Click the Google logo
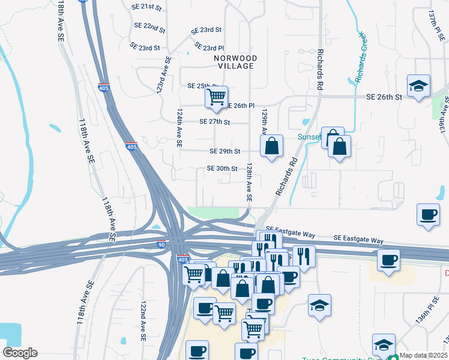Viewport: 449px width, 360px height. (20, 353)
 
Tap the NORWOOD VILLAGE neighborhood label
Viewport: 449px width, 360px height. (235, 62)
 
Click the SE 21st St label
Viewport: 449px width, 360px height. (148, 7)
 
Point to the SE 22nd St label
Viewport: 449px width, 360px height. (150, 27)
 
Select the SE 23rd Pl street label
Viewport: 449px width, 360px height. (209, 47)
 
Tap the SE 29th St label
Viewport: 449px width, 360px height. (225, 151)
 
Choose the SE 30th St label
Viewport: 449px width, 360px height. (222, 169)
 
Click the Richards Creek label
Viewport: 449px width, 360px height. (360, 57)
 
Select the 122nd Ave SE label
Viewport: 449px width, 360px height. (143, 321)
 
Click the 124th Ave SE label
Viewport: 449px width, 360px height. (179, 128)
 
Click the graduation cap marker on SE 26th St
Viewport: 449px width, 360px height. (418, 85)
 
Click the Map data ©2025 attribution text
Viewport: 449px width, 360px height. (423, 355)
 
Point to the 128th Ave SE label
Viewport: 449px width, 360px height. (248, 183)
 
